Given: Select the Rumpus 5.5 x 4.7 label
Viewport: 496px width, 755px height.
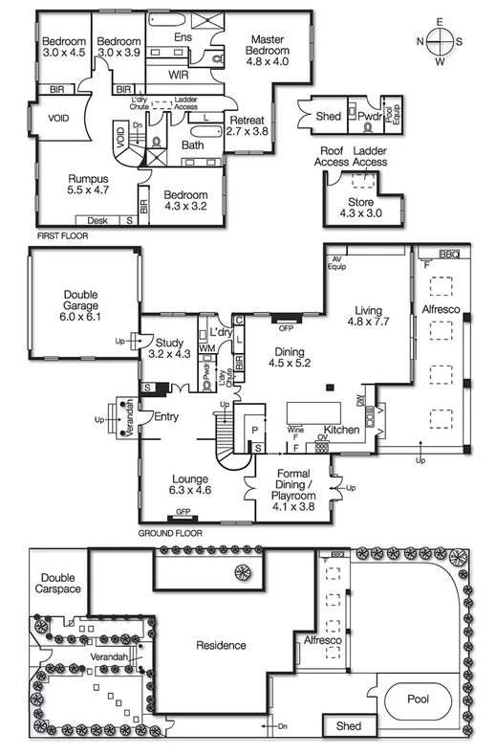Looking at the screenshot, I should tap(88, 185).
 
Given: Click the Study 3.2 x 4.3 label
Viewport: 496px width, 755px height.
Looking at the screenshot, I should tap(171, 347).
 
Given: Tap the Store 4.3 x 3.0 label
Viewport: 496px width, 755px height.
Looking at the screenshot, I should tap(360, 207).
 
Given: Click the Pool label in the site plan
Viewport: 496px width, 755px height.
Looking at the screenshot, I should tap(417, 699).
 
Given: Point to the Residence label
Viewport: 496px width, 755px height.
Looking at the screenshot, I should tap(222, 645).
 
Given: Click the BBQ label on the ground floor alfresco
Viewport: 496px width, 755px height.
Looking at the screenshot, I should tap(448, 254).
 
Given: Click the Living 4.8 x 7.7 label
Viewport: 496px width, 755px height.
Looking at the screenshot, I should tap(369, 317).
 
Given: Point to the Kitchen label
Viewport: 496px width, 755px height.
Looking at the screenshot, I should tap(341, 432).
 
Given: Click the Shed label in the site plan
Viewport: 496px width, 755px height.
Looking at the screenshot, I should tap(349, 726).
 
